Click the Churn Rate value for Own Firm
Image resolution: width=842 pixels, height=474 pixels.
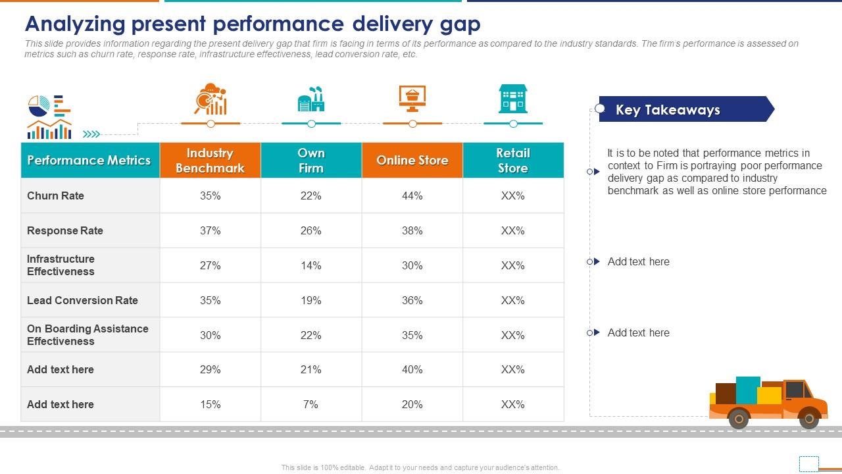pyautogui.click(x=310, y=196)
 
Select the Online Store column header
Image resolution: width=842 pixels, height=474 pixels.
pyautogui.click(x=412, y=161)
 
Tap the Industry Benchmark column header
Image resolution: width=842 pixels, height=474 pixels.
pyautogui.click(x=210, y=161)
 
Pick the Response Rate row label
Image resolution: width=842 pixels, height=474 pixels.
pyautogui.click(x=65, y=230)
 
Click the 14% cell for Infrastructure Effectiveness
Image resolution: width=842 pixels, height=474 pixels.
pyautogui.click(x=310, y=265)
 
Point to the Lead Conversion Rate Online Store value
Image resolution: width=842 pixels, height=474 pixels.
pyautogui.click(x=412, y=300)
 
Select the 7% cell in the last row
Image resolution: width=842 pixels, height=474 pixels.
pyautogui.click(x=310, y=404)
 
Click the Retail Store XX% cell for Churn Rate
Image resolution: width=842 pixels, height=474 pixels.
pyautogui.click(x=512, y=196)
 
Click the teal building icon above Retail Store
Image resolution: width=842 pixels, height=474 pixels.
pyautogui.click(x=513, y=98)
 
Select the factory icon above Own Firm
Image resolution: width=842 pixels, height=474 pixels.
pyautogui.click(x=311, y=99)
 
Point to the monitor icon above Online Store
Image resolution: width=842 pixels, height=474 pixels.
pyautogui.click(x=412, y=98)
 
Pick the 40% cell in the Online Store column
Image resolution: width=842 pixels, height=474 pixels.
pyautogui.click(x=412, y=369)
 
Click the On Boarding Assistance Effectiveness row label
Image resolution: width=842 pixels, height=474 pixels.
pyautogui.click(x=87, y=334)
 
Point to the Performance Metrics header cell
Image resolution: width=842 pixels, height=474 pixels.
pyautogui.click(x=89, y=161)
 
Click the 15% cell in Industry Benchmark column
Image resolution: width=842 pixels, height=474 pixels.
pyautogui.click(x=210, y=404)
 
